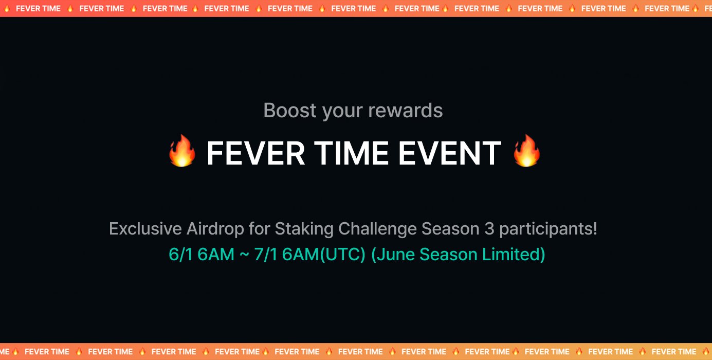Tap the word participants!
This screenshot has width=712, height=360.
[x=548, y=229]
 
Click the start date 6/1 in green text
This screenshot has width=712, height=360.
[x=181, y=254]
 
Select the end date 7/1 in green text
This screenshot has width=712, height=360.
[x=266, y=254]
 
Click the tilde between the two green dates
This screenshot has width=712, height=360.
[x=244, y=254]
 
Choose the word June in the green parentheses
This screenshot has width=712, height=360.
[x=393, y=254]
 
